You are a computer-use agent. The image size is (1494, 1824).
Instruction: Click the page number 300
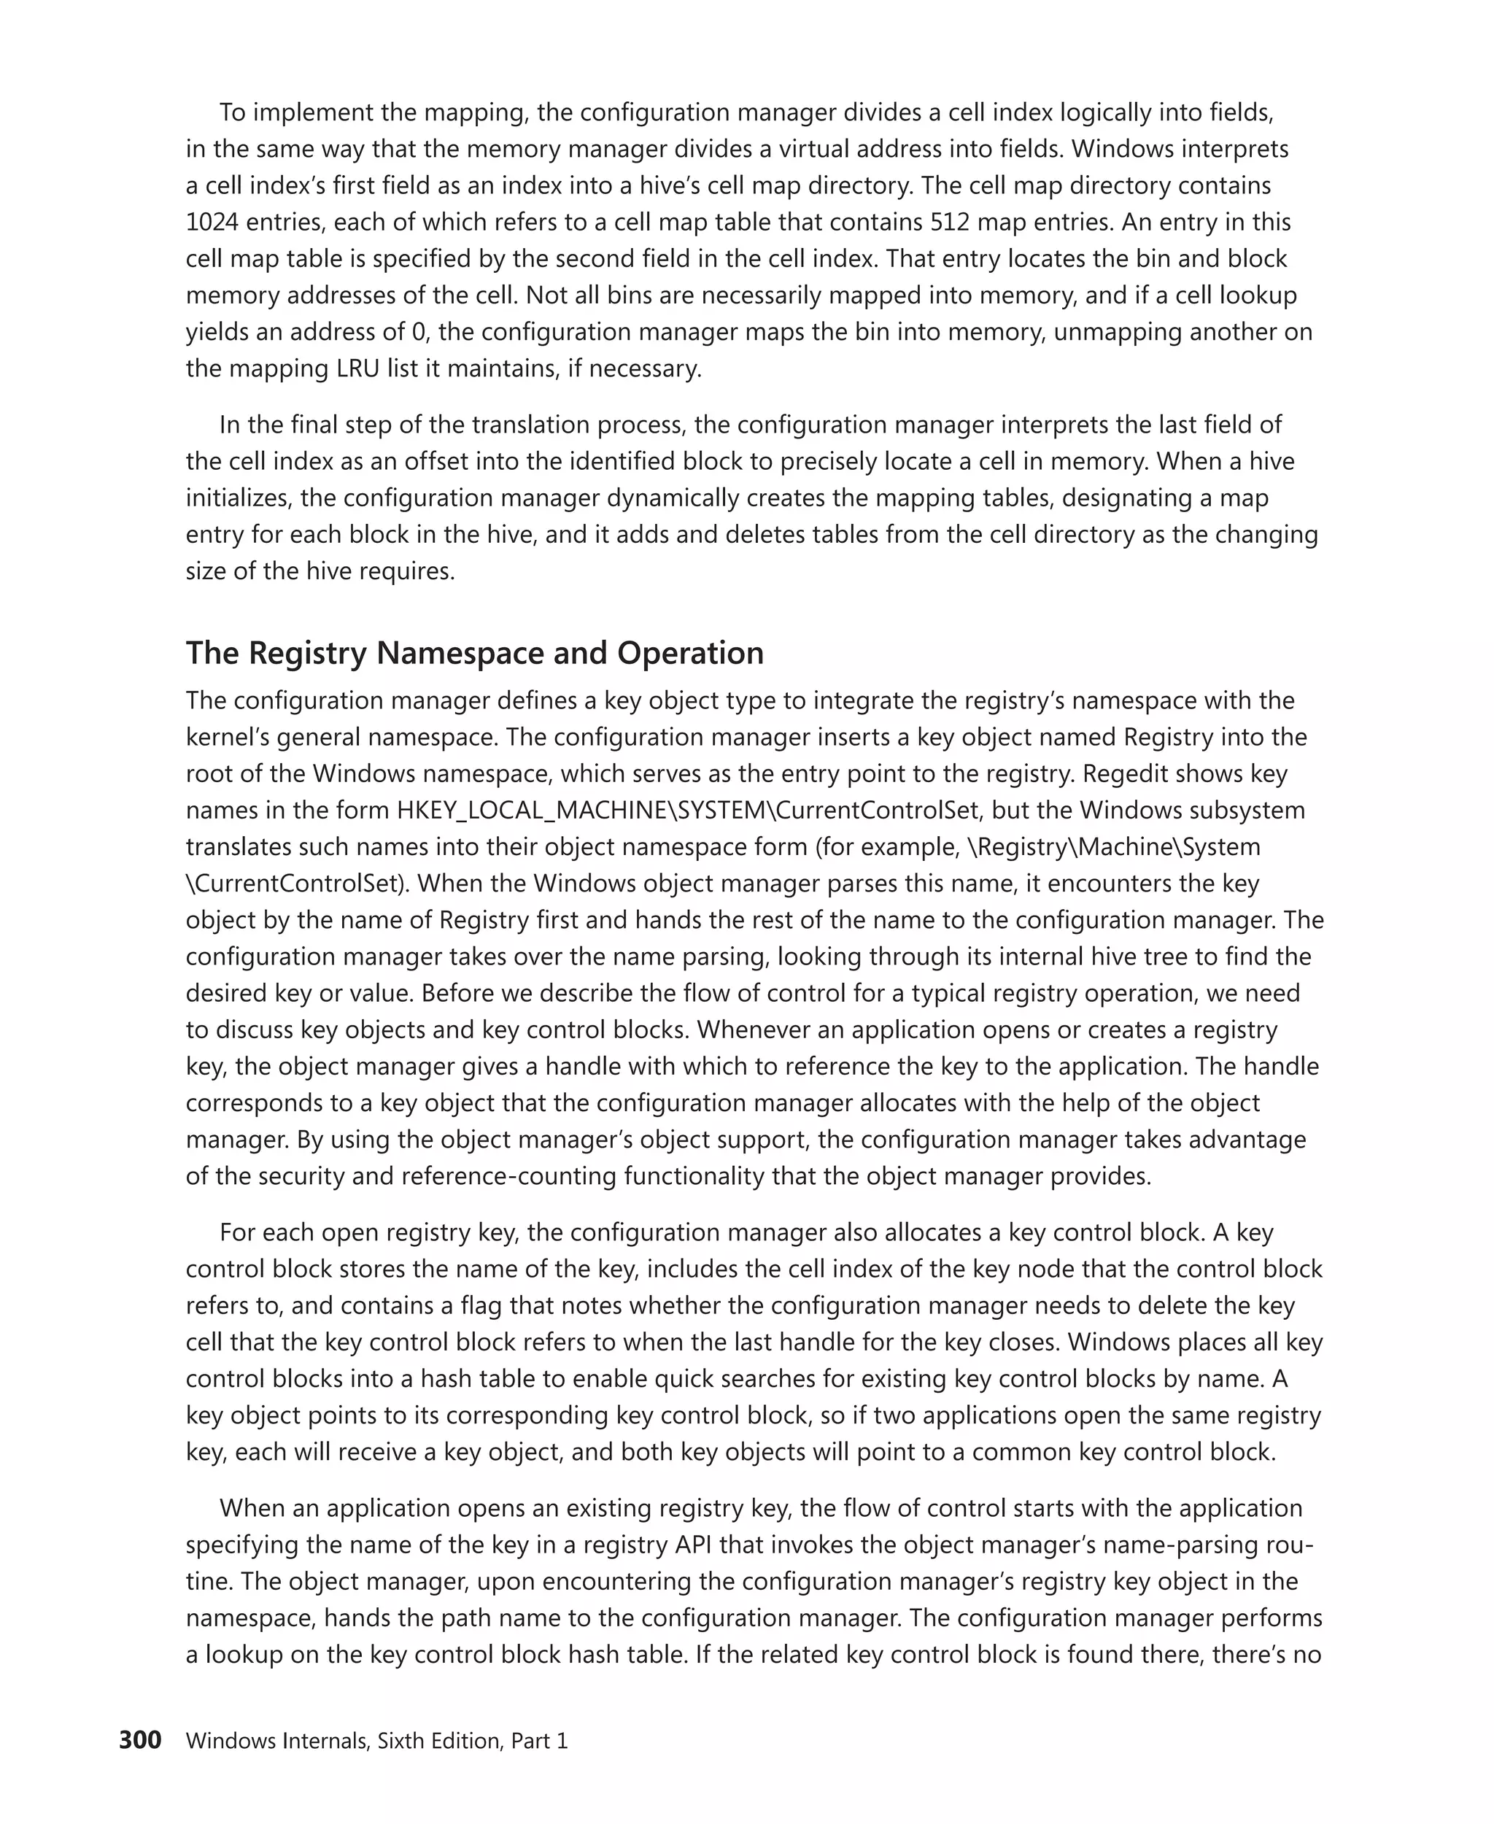pos(139,1741)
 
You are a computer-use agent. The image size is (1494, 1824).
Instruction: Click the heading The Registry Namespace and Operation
pos(474,653)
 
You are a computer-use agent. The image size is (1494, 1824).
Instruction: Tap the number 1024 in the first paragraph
pos(212,222)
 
